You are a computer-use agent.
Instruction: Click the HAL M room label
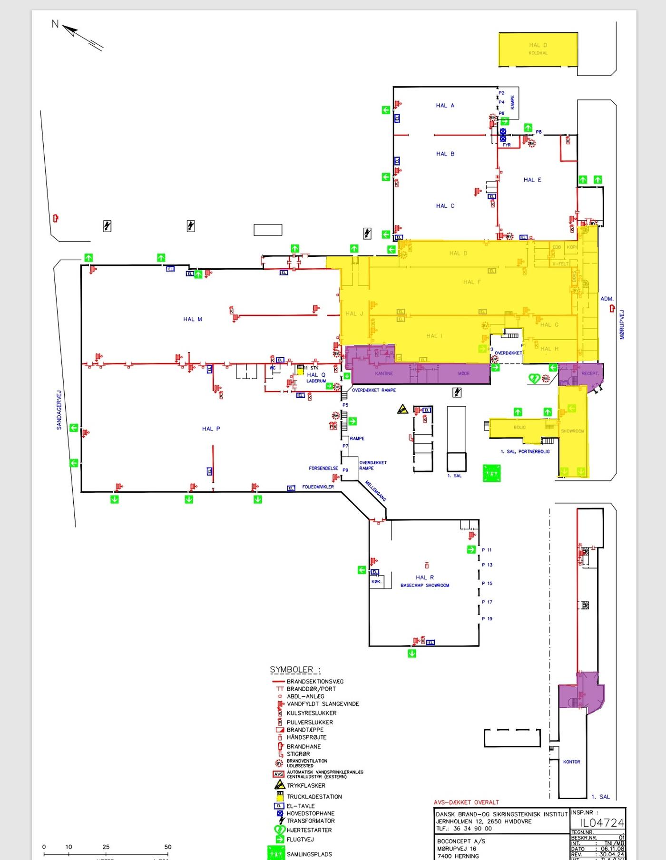(x=193, y=319)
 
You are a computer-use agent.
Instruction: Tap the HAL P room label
(x=211, y=429)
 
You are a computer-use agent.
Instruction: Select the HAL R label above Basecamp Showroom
(x=425, y=577)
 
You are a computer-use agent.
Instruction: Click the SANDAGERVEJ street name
(x=59, y=410)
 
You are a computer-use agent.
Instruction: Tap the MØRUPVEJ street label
(x=622, y=325)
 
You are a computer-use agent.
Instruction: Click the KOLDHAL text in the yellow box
(x=538, y=53)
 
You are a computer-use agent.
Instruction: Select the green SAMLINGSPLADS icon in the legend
(x=276, y=852)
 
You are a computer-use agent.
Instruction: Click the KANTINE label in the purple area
(x=384, y=373)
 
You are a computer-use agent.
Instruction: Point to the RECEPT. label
(x=590, y=373)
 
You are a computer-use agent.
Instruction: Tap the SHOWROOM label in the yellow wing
(x=572, y=431)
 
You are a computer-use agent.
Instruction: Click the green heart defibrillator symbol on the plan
(x=534, y=378)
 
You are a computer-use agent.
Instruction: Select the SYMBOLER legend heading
(x=295, y=670)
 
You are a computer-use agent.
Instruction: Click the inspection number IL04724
(x=602, y=823)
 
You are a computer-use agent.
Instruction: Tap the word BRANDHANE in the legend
(x=304, y=746)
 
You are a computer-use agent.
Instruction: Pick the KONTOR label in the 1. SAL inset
(x=571, y=762)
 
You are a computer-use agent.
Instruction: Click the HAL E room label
(x=532, y=180)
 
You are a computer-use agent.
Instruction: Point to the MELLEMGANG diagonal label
(x=376, y=490)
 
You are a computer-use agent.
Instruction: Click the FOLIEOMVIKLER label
(x=318, y=487)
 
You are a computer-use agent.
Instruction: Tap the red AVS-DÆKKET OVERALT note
(x=466, y=802)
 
